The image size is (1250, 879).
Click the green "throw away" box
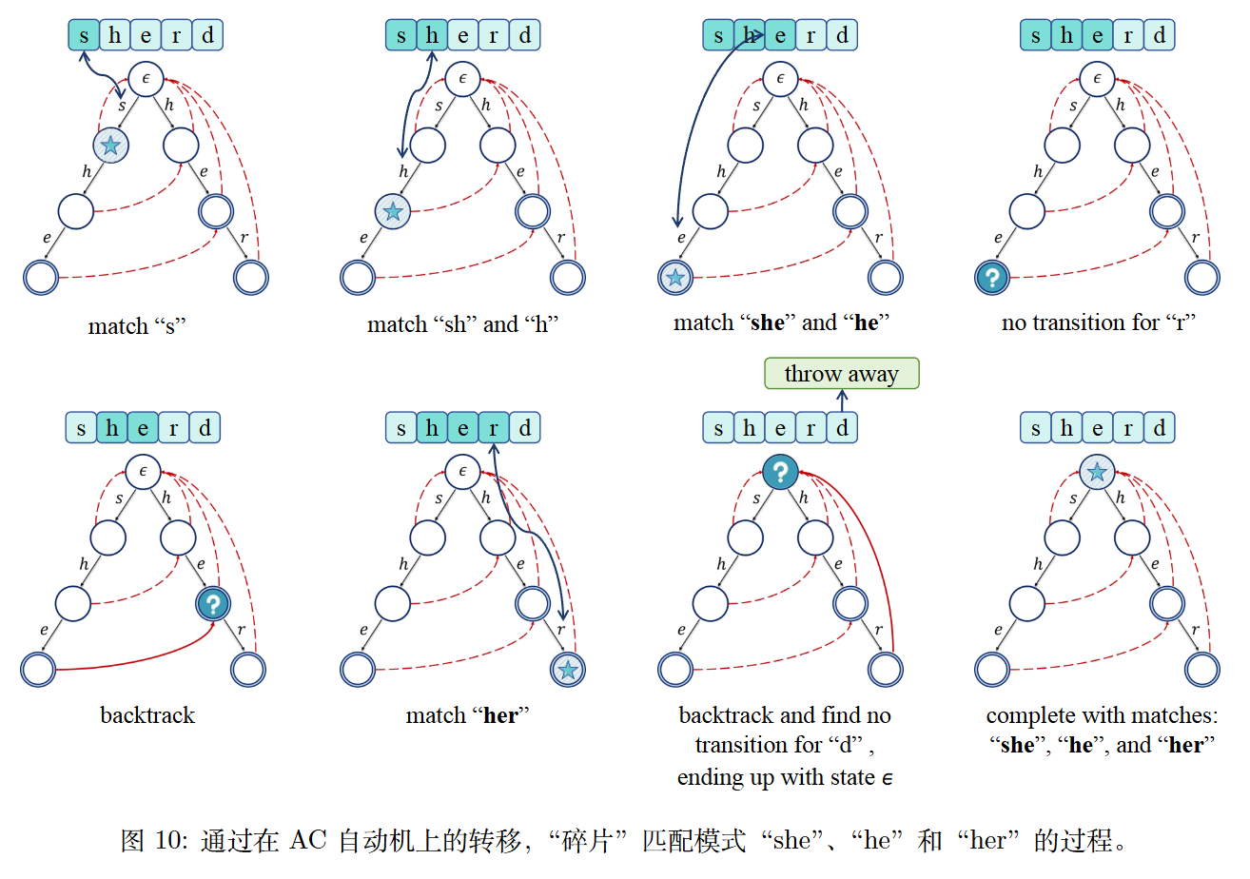(x=842, y=374)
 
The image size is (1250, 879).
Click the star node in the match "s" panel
(x=111, y=146)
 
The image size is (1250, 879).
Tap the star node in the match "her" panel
(x=568, y=670)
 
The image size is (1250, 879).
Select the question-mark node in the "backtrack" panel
(x=214, y=603)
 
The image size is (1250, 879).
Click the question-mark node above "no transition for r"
(x=992, y=279)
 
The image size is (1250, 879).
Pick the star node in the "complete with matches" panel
(x=1097, y=472)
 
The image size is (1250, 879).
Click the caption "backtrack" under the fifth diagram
(x=147, y=715)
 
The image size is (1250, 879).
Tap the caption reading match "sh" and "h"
(x=462, y=324)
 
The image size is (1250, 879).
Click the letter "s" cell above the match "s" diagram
(x=84, y=36)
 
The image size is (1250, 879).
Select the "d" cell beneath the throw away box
(x=842, y=428)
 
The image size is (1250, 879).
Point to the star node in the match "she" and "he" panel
(x=674, y=279)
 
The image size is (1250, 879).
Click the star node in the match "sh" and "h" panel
(x=392, y=211)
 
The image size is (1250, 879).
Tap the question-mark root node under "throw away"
(x=780, y=471)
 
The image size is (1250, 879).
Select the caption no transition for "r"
(x=1098, y=322)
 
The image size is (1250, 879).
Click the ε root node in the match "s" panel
(x=146, y=79)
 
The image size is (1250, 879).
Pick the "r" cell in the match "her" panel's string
(x=493, y=428)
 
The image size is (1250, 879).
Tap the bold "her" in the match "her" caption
(x=500, y=715)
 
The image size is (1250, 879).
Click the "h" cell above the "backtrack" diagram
(x=112, y=428)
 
